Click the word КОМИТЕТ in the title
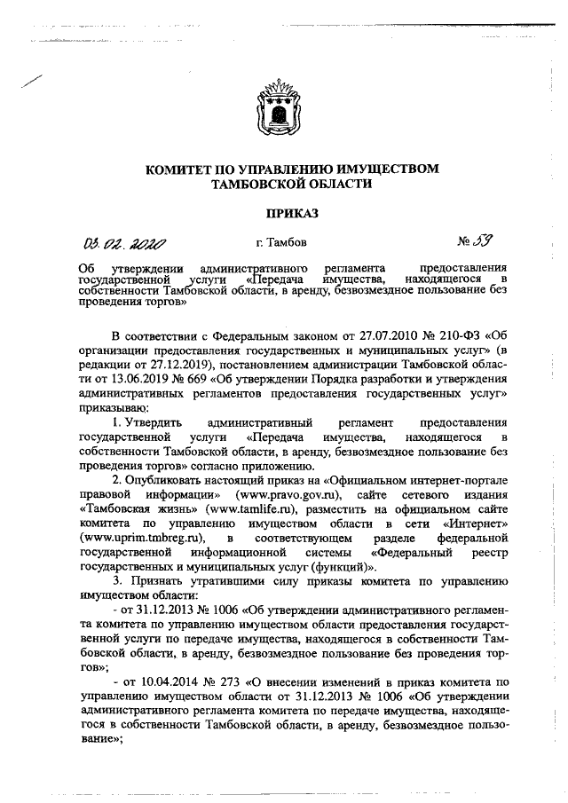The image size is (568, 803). [182, 169]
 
